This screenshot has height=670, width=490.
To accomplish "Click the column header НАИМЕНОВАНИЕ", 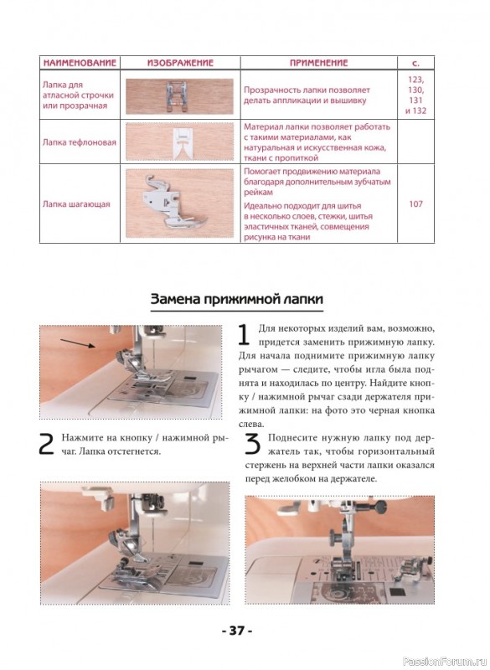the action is [x=80, y=64].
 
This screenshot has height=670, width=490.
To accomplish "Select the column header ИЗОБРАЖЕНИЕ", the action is [x=180, y=64].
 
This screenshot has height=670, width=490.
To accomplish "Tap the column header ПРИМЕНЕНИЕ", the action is [x=318, y=64].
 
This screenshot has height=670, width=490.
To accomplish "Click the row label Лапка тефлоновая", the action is [x=80, y=142].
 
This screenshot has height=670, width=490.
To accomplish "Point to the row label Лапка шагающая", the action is [x=76, y=204].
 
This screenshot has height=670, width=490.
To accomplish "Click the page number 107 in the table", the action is [x=415, y=204].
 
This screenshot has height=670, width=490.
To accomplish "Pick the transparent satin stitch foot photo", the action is [x=179, y=96].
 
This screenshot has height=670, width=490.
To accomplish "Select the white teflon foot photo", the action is [x=179, y=142].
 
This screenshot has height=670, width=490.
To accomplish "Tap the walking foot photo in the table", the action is [x=179, y=204].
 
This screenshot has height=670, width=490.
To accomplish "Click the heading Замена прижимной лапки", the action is [x=237, y=299].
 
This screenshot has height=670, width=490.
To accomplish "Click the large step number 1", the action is [x=244, y=334].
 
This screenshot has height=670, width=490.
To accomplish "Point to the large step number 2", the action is [x=46, y=445].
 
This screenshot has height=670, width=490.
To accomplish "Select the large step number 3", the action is [x=252, y=445].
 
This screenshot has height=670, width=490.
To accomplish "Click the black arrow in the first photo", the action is [x=78, y=343].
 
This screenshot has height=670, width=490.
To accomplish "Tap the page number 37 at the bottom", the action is [x=237, y=630].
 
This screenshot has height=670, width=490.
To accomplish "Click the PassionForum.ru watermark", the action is [x=445, y=661].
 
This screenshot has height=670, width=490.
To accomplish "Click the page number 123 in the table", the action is [x=415, y=80].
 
